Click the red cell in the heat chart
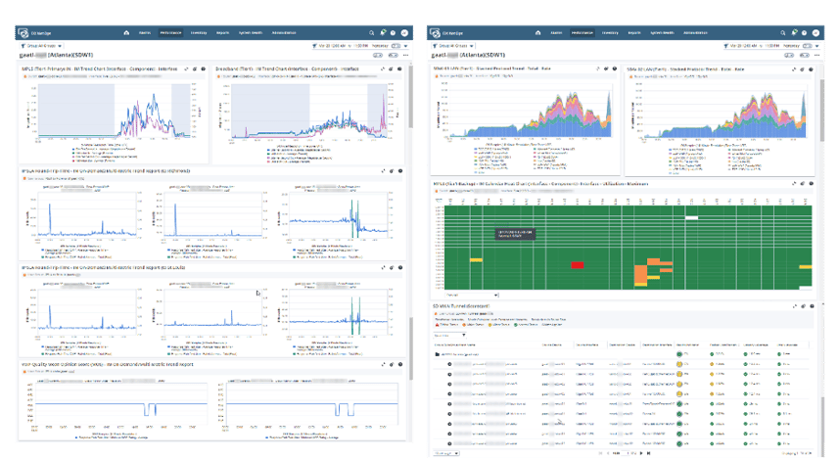point(577,265)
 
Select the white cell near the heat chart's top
point(691,217)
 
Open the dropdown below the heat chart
point(470,293)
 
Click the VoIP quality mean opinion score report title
point(108,363)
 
